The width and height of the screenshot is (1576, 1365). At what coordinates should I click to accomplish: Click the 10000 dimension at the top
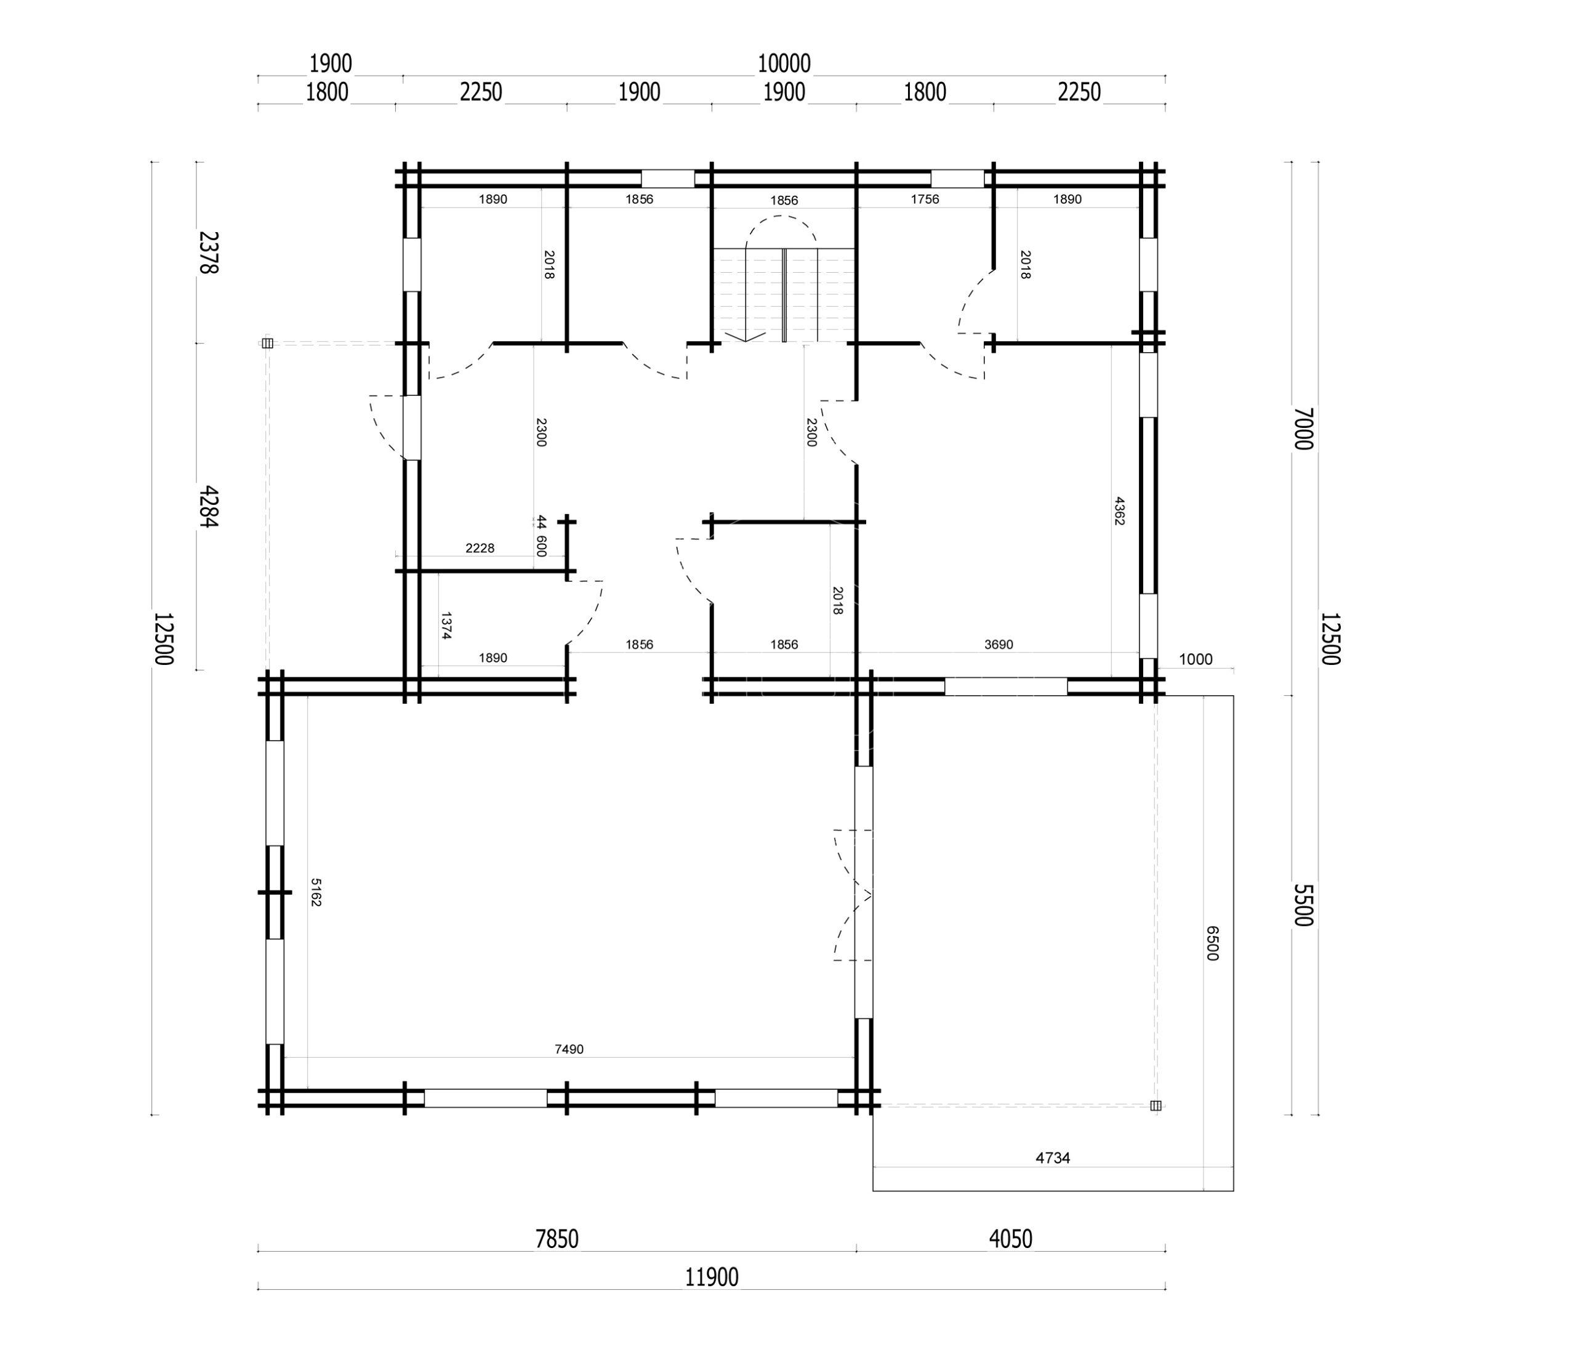coord(784,64)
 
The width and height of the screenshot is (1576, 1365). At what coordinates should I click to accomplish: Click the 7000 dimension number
coord(1303,429)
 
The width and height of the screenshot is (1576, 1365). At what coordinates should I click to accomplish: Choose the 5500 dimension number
coord(1303,905)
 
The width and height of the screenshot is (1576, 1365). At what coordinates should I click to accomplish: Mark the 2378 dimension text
coord(208,252)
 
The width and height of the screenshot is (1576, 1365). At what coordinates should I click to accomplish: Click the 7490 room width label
coord(569,1049)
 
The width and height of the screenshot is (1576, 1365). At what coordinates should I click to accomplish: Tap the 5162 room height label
coord(316,893)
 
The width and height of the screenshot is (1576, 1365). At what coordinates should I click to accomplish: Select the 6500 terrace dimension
coord(1213,943)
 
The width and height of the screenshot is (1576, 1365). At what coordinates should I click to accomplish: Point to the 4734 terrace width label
coord(1053,1158)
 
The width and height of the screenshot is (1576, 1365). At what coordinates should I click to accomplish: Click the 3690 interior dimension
coord(999,645)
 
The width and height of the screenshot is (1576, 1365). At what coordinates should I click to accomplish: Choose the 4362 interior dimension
coord(1119,511)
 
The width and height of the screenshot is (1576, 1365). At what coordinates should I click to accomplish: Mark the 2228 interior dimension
coord(480,548)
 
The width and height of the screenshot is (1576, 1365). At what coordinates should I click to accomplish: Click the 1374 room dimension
coord(446,626)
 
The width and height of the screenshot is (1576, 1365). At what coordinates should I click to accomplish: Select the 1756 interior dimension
coord(925,199)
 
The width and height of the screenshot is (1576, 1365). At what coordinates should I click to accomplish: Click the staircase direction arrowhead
coord(745,336)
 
